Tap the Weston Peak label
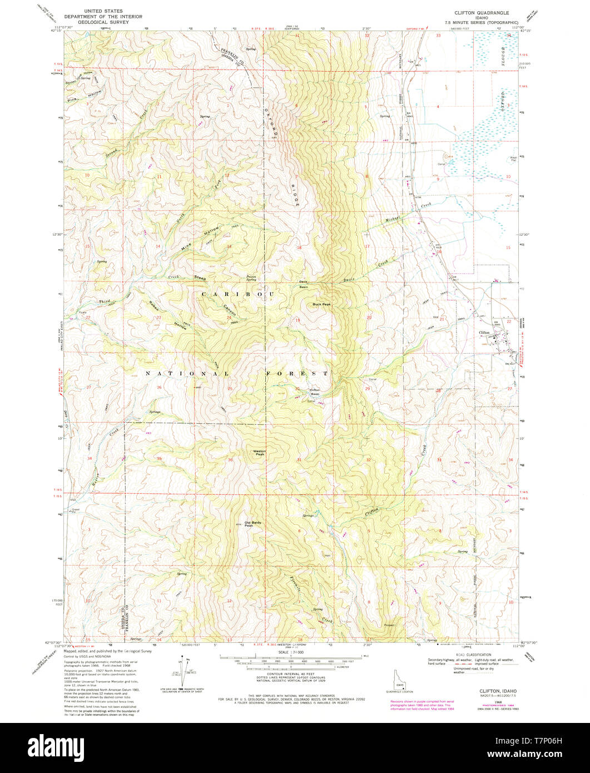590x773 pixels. [x=260, y=452]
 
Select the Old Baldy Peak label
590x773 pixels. [x=245, y=524]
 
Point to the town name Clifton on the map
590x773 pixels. [x=484, y=333]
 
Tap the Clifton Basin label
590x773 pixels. [x=315, y=392]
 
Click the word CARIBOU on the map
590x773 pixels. [x=237, y=293]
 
